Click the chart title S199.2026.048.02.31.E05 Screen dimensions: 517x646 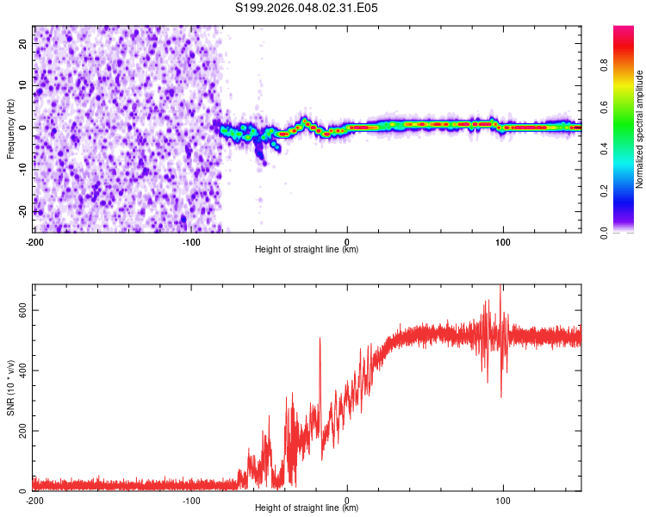307,8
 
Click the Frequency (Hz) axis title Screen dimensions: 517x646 10,128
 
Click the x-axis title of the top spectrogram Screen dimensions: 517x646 307,249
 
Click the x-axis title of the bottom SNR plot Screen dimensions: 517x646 307,508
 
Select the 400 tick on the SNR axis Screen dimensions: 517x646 22,371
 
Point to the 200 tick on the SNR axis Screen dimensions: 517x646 22,431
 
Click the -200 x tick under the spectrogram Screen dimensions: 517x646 34,241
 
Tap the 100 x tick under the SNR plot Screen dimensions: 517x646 503,500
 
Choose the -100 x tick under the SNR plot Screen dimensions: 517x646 190,500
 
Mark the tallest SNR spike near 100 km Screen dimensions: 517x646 500,287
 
